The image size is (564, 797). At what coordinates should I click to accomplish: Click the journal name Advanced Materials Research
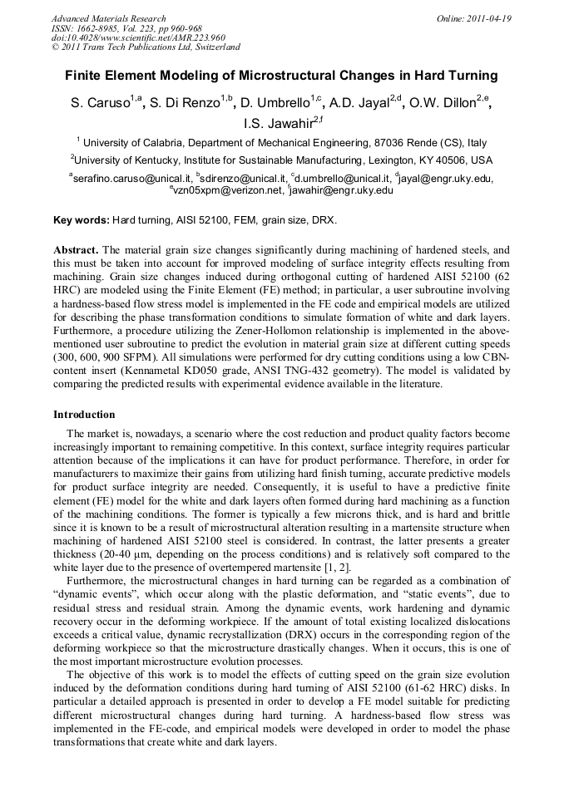pyautogui.click(x=108, y=18)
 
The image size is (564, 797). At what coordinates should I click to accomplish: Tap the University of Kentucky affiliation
pyautogui.click(x=282, y=160)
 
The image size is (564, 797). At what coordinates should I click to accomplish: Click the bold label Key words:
pyautogui.click(x=81, y=220)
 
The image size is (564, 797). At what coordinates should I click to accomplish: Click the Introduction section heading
pyautogui.click(x=84, y=415)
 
